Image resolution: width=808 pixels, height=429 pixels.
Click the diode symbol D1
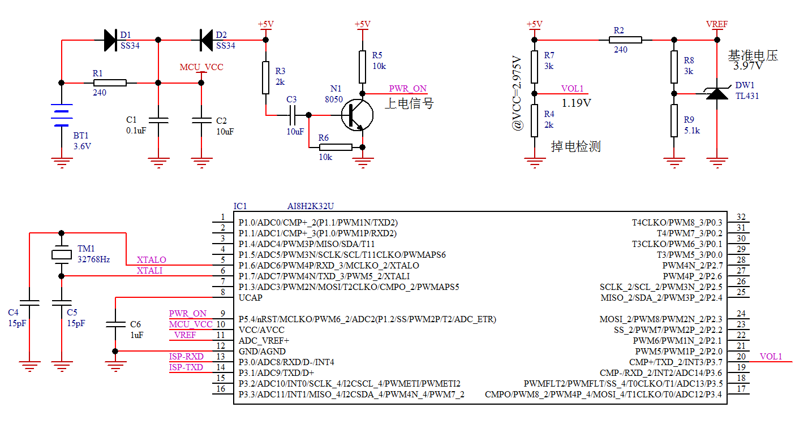click(110, 40)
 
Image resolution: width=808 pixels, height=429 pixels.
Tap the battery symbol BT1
click(61, 115)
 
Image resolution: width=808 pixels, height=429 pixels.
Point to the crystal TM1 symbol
click(61, 254)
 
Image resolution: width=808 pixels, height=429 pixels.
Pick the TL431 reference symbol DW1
click(717, 93)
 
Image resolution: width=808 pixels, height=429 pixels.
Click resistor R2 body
click(625, 40)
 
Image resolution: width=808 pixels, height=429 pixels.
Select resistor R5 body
click(363, 67)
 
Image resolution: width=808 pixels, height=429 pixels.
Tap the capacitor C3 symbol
click(292, 115)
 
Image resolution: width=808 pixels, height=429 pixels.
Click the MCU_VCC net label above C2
click(201, 67)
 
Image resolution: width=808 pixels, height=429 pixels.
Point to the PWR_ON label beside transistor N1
click(407, 89)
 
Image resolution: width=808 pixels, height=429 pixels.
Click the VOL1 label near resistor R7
click(572, 89)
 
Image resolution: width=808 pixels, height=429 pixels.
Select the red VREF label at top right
click(717, 24)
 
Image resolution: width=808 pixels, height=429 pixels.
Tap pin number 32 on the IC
click(741, 218)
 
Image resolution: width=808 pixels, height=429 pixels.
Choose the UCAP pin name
click(250, 298)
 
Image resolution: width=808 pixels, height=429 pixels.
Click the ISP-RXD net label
click(186, 357)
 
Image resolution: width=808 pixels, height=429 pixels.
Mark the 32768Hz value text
click(93, 260)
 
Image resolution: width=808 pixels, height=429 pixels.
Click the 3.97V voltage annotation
click(748, 66)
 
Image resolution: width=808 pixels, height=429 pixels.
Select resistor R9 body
click(673, 120)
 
